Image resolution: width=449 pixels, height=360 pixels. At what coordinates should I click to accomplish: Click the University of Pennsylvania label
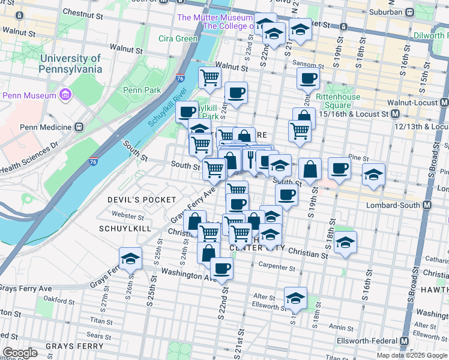point(70,64)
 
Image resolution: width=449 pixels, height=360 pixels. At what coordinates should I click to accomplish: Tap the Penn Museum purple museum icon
point(65,95)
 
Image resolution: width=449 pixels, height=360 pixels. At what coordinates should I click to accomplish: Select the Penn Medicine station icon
point(78,127)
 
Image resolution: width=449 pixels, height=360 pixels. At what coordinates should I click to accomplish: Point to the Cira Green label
point(178,39)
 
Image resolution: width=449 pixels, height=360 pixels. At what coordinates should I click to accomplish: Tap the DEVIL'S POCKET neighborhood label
point(142,199)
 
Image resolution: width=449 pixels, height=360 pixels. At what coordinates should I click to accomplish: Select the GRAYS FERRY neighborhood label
point(68,346)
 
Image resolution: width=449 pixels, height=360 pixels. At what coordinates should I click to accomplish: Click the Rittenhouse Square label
point(337,101)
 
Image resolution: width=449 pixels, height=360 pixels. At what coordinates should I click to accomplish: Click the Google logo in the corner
point(20,353)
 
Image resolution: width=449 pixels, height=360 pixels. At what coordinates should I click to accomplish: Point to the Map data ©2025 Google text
point(412,355)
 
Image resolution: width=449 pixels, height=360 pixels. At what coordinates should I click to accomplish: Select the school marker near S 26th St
point(130,259)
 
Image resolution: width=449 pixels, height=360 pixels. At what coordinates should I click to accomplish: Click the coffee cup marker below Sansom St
point(308,78)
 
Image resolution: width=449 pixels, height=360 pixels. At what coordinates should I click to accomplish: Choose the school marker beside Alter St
point(295,298)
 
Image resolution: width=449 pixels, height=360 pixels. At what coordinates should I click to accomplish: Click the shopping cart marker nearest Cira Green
point(209,77)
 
